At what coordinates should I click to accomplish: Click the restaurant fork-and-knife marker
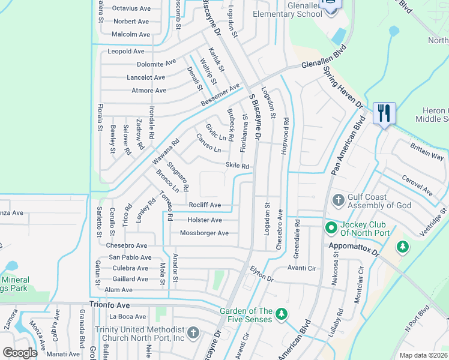(x=384, y=113)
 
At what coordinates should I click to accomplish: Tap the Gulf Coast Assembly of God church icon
(x=338, y=199)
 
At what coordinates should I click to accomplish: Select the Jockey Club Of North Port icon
(x=330, y=227)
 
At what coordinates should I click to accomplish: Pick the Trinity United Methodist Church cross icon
(x=193, y=332)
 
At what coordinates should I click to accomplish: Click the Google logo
(x=20, y=353)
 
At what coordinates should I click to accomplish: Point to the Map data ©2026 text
(x=424, y=355)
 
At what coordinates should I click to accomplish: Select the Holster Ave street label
(x=205, y=220)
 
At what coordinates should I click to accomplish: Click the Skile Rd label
(x=237, y=166)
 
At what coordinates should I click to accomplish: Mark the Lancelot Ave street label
(x=145, y=77)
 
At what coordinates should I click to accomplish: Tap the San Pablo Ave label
(x=130, y=257)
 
